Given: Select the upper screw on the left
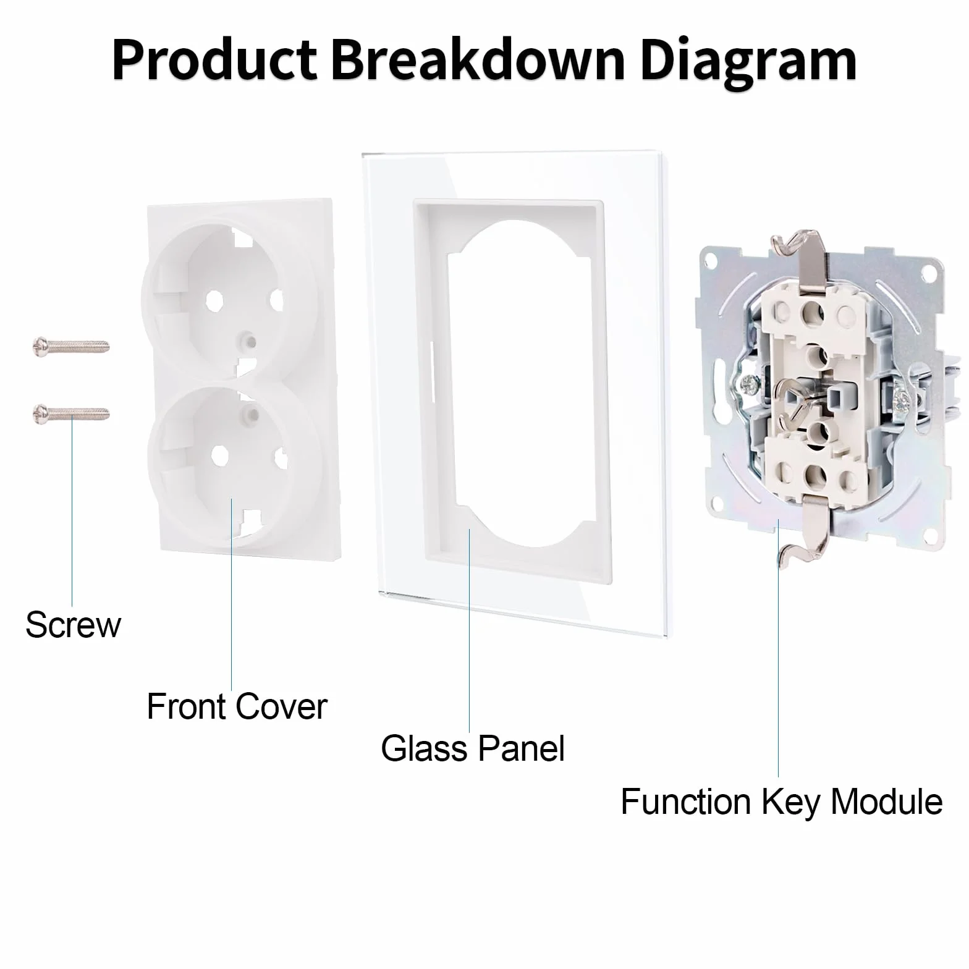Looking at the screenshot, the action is click(70, 345).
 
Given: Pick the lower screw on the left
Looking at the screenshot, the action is click(70, 413).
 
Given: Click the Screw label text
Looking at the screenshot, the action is click(73, 625).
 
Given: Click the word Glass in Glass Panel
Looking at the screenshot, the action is click(424, 748).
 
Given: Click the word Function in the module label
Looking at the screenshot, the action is click(687, 802).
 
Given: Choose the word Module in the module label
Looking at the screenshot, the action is click(887, 802).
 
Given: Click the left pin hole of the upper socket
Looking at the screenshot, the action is click(214, 302).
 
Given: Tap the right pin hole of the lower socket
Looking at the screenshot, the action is click(281, 459).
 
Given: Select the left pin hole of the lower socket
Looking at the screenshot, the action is click(220, 456).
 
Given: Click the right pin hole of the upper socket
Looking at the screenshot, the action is click(276, 301).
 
